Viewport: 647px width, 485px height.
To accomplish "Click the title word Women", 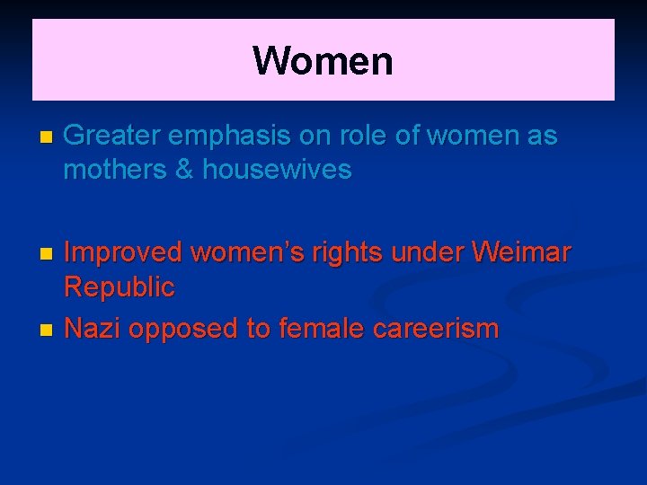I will point(323,61).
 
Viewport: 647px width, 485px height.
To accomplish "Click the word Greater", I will point(112,137).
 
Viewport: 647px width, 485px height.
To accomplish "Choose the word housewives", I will point(278,169).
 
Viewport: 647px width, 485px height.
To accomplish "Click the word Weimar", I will point(520,254).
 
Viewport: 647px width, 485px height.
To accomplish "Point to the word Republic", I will point(120,287).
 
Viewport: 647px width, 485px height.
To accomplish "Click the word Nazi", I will point(93,329).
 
